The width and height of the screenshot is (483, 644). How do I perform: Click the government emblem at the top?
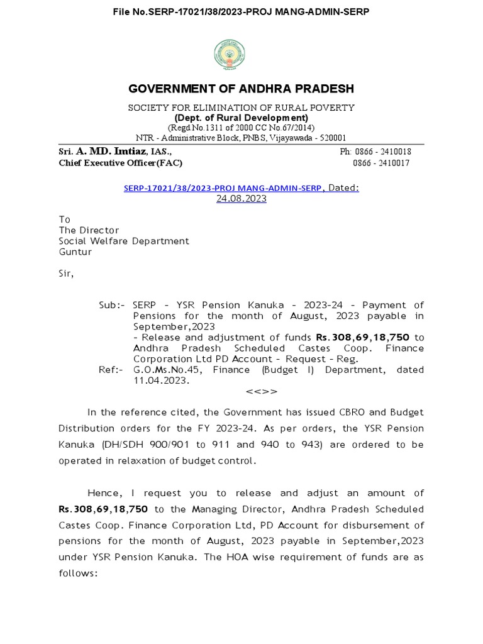(x=241, y=54)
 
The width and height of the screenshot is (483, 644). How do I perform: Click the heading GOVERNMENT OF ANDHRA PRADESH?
(x=241, y=89)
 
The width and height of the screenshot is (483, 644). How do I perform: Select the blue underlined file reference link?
(x=223, y=187)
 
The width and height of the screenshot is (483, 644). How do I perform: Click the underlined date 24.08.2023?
(x=241, y=198)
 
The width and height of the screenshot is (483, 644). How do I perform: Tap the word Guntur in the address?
(x=75, y=252)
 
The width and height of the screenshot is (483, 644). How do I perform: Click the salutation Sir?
(x=66, y=274)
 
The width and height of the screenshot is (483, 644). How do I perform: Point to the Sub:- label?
(x=112, y=305)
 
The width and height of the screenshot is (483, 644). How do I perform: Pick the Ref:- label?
(x=113, y=370)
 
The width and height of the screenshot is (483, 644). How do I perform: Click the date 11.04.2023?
(x=160, y=380)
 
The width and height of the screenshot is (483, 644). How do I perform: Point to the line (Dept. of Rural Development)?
(x=241, y=118)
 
